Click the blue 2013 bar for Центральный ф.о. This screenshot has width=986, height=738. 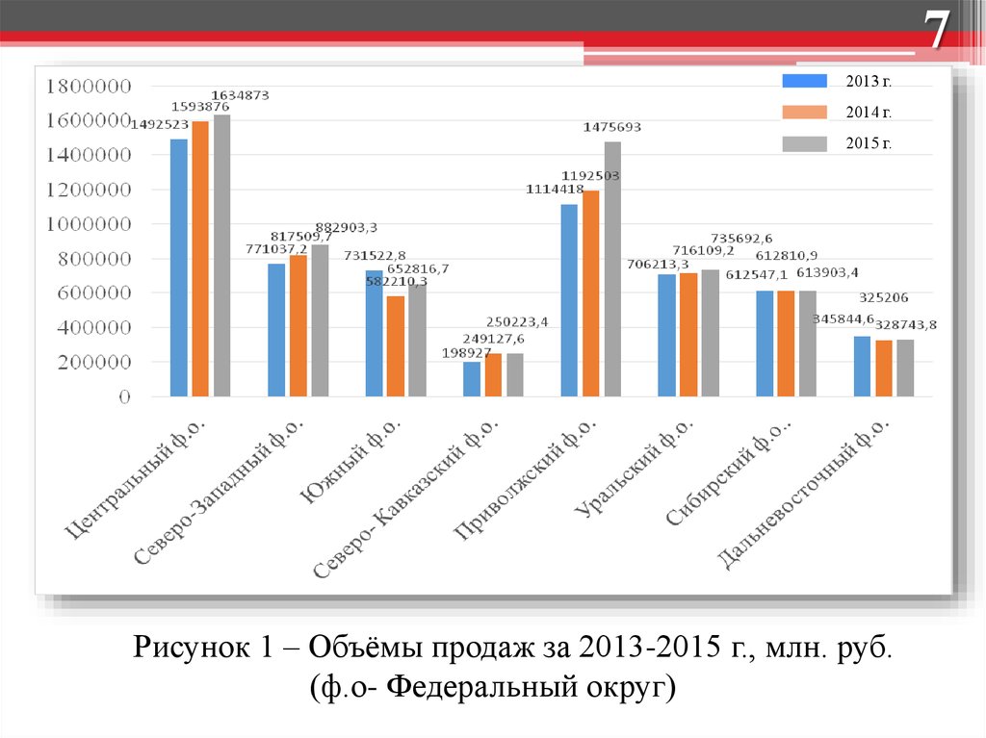179,267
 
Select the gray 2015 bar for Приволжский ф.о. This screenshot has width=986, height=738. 612,268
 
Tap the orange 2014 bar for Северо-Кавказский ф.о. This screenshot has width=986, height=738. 493,374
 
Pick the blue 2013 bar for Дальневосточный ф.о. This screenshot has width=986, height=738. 862,366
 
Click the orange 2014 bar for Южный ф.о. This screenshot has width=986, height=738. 396,345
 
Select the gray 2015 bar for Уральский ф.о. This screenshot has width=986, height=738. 710,333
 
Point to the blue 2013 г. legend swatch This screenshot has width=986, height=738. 804,81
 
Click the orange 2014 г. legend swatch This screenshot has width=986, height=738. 804,112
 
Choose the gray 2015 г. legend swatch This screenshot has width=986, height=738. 804,143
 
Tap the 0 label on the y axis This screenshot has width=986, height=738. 124,396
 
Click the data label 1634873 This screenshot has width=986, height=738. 240,95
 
